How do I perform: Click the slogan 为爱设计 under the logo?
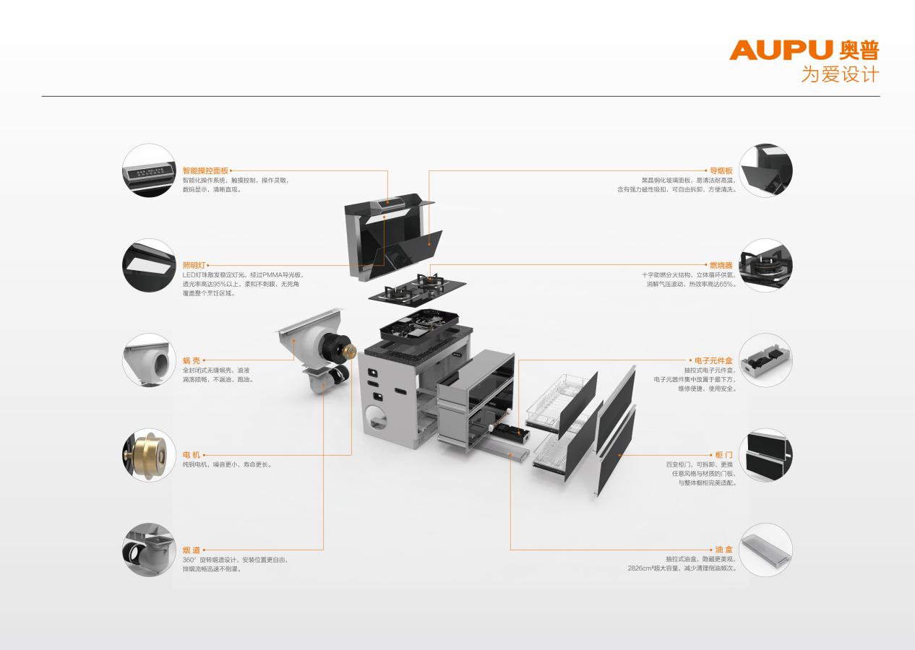point(840,75)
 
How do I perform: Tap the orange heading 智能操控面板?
point(205,170)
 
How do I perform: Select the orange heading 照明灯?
point(194,266)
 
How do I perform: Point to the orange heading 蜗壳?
point(191,360)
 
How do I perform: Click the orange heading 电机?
point(191,454)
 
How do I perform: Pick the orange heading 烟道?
point(191,550)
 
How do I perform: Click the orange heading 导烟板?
point(721,170)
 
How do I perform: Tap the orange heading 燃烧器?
point(721,266)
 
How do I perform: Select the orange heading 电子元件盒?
point(713,360)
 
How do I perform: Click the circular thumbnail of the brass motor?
point(149,455)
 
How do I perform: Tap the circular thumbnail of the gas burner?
point(765,266)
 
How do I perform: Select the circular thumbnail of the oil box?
point(765,550)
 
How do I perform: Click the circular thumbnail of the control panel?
point(149,170)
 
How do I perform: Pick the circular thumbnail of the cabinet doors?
point(765,455)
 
